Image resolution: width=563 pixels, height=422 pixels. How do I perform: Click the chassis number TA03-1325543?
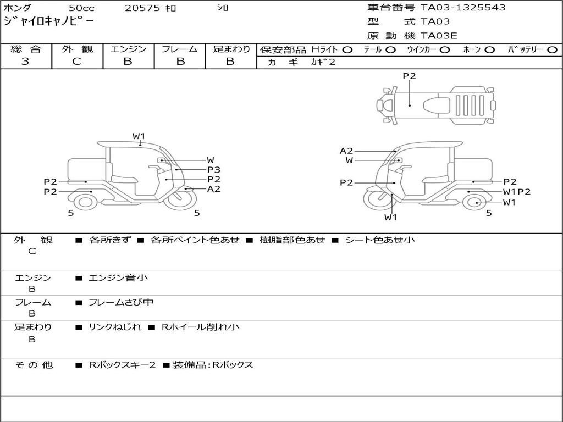tap(463, 8)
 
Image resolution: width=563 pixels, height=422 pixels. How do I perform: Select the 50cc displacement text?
tap(81, 8)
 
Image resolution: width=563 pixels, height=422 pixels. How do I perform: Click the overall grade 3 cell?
tap(25, 62)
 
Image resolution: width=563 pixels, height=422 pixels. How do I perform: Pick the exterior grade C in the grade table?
tap(77, 62)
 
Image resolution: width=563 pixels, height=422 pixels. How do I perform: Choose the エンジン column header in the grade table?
tap(128, 49)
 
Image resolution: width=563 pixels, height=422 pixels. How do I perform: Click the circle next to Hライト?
tap(347, 50)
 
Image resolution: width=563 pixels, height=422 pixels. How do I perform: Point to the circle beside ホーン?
tap(490, 50)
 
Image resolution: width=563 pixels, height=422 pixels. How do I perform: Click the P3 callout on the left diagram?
tap(214, 170)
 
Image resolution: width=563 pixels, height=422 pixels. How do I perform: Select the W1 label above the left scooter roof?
tap(139, 136)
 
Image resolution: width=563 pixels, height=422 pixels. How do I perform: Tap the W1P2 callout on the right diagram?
tap(517, 192)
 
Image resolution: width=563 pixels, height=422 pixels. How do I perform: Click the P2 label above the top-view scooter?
tap(409, 76)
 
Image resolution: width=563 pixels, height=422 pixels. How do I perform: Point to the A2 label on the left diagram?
tap(214, 188)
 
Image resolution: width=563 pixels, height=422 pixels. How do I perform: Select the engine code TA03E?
tap(439, 36)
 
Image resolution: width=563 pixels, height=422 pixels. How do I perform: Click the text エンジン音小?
tap(118, 278)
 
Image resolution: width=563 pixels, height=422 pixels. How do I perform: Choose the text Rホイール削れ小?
tap(200, 327)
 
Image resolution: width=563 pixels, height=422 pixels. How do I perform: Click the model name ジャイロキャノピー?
tap(48, 21)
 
